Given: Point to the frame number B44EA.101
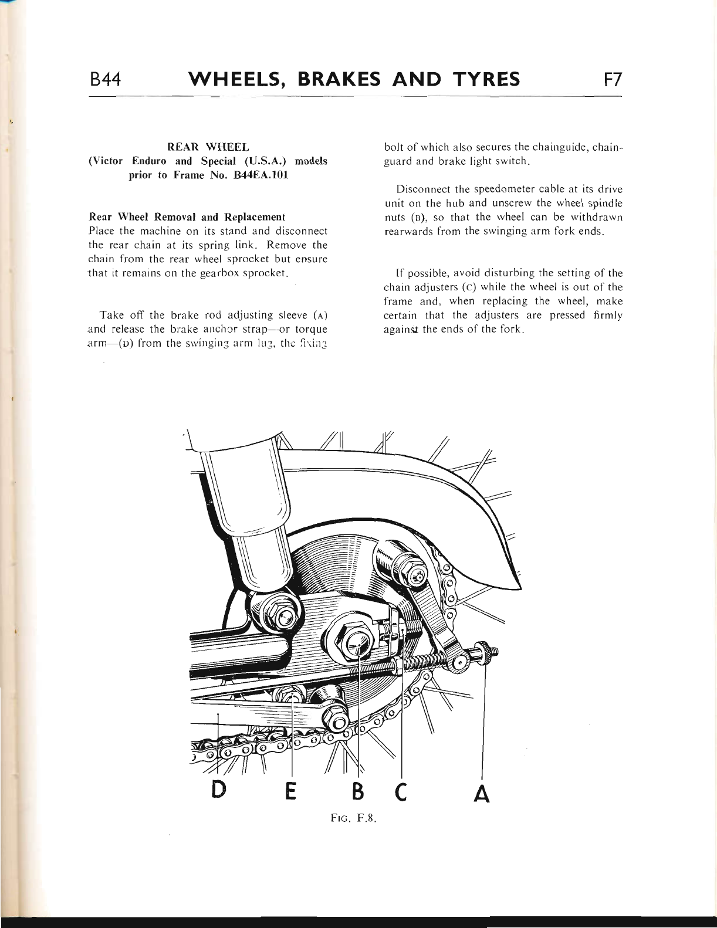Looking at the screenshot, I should tap(260, 175).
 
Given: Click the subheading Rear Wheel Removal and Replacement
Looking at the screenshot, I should tap(186, 217).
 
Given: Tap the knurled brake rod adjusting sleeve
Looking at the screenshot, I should tap(486, 653).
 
